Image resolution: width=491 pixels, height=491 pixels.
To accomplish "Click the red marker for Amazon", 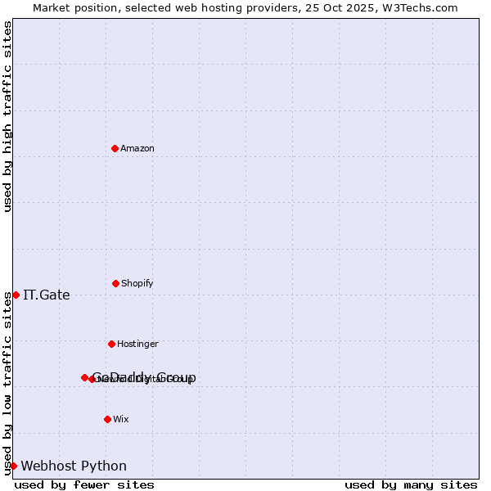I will [115, 148].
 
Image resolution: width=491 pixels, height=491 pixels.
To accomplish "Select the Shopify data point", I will [115, 283].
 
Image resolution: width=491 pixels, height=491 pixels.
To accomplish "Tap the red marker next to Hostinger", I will [111, 344].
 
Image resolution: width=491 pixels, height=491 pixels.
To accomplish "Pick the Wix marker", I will [107, 419].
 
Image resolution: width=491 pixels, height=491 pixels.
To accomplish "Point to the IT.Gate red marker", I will [16, 295].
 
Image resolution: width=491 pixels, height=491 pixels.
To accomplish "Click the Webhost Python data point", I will [13, 466].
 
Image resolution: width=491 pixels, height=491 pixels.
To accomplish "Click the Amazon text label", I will [137, 149].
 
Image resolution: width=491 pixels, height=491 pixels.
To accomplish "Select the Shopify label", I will [137, 284].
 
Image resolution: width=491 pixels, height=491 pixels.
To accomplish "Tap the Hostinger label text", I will [137, 345].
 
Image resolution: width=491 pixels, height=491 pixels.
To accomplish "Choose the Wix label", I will [121, 420].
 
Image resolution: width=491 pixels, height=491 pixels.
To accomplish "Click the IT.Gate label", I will [47, 295].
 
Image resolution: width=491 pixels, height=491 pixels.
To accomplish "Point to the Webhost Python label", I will [74, 466].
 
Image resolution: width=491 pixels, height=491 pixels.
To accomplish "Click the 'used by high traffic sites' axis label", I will [7, 116].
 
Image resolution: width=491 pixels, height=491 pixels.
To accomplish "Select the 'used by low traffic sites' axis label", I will [7, 383].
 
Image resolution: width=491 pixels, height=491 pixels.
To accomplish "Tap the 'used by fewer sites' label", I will [84, 485].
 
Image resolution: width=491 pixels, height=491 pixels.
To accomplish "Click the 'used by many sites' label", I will [411, 485].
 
